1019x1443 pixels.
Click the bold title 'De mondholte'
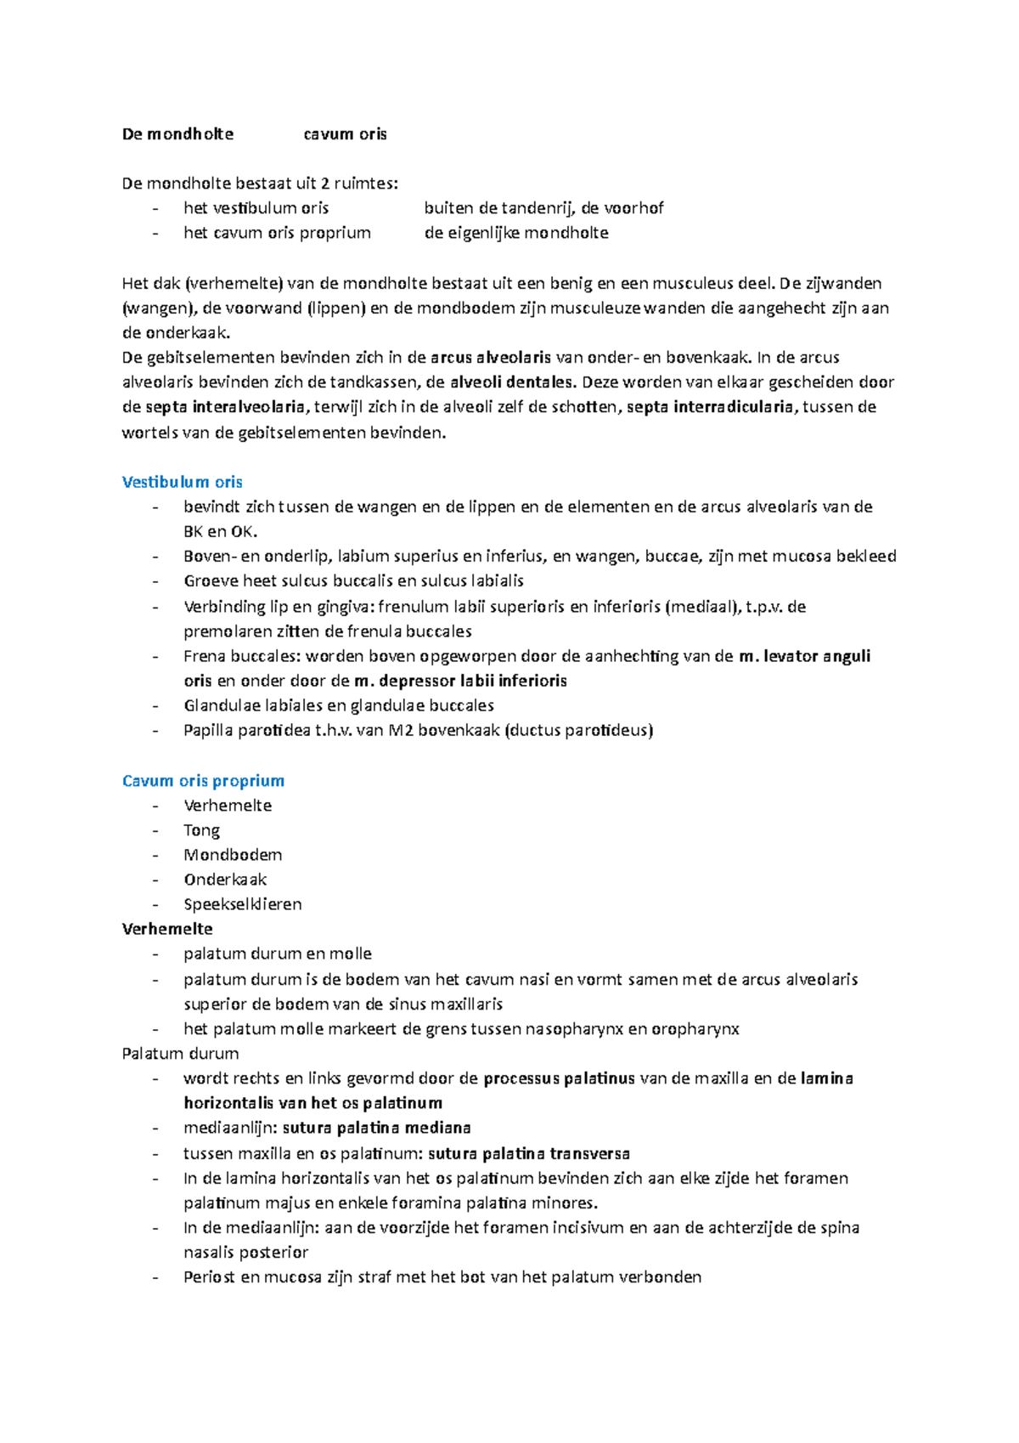[177, 133]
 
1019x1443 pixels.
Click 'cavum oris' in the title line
[345, 133]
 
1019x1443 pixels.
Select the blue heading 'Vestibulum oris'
[182, 482]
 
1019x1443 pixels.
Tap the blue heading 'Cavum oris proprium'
[203, 780]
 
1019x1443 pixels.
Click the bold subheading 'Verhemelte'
[167, 929]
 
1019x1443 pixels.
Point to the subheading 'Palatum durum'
[180, 1053]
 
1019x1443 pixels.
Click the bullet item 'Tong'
[201, 830]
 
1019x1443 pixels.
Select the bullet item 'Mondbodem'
[233, 855]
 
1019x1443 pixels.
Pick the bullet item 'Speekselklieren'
[242, 904]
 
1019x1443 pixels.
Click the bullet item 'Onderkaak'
[225, 880]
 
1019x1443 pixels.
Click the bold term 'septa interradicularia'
[711, 407]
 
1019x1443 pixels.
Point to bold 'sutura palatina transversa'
[528, 1153]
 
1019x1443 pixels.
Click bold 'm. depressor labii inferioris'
[460, 681]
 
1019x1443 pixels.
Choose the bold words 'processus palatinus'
[559, 1078]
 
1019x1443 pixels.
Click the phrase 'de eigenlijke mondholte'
[515, 233]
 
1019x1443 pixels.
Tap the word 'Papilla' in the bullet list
[207, 730]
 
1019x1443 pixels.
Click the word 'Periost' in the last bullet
[209, 1276]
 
